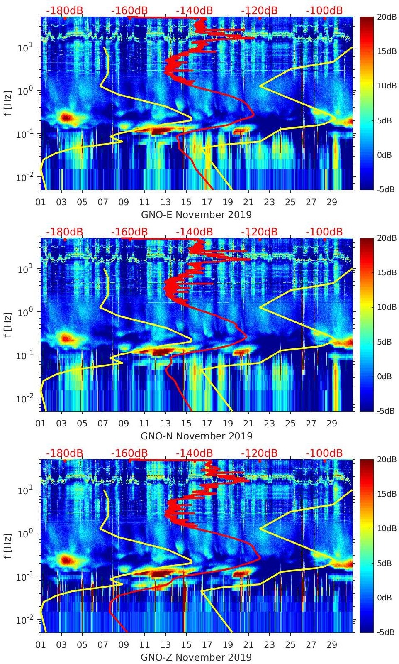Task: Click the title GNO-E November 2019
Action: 196,215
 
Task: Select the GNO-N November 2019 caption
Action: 196,436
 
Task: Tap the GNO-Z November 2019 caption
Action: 196,657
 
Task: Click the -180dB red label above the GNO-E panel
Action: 64,10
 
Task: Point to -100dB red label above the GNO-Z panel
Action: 324,453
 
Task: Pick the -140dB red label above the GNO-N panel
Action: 194,232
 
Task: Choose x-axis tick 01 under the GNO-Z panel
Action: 41,645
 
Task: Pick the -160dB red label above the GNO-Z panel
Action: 129,453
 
